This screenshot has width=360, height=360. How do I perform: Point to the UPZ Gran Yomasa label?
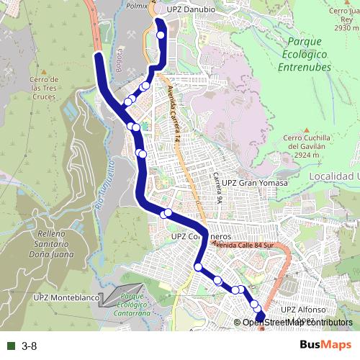(254, 183)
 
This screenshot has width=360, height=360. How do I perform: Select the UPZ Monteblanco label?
(66, 297)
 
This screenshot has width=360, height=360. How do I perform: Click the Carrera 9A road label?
(215, 189)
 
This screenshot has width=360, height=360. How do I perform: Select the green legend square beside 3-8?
(11, 346)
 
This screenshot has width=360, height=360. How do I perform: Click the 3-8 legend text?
(30, 346)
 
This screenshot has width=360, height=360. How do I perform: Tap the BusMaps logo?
(325, 345)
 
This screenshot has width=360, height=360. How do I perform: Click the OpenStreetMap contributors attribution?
(297, 322)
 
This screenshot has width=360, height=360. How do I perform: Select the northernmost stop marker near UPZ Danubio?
(160, 34)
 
